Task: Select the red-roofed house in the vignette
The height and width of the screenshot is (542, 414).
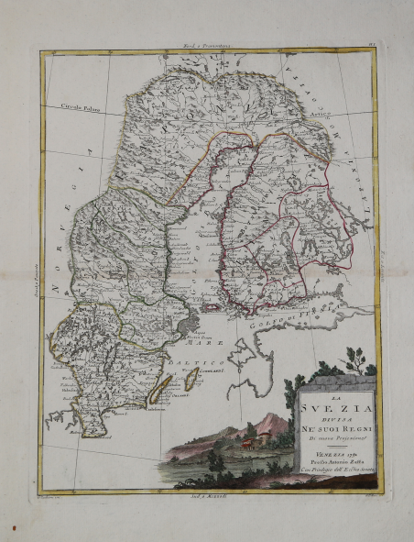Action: tap(245, 443)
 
